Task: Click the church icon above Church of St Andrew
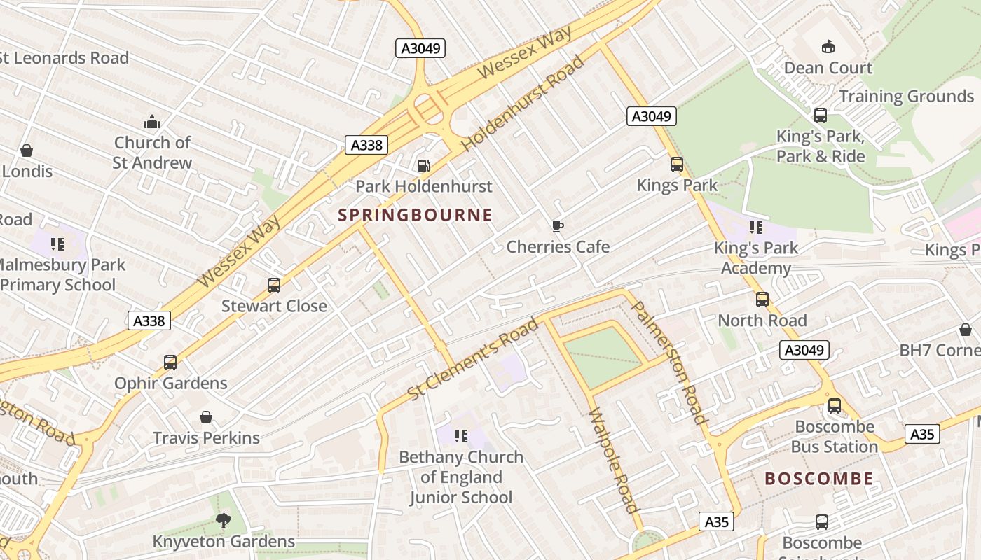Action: pos(152,122)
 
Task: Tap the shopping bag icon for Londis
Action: pos(27,150)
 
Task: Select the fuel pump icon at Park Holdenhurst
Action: pos(423,166)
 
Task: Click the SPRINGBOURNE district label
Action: pos(416,215)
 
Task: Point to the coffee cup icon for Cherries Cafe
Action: pos(558,226)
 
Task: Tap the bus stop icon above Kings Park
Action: pos(677,164)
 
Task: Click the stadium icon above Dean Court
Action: pos(828,47)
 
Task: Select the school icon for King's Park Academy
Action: pos(755,227)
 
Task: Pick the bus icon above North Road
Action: pos(762,300)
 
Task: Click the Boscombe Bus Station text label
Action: pos(834,437)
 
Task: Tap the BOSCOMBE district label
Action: pos(819,479)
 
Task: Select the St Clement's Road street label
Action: pos(473,359)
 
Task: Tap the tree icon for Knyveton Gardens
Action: pos(224,521)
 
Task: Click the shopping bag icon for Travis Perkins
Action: pos(206,417)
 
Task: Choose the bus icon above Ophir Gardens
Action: pos(170,363)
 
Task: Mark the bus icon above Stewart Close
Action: pos(274,286)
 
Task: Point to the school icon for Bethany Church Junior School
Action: pos(460,436)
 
